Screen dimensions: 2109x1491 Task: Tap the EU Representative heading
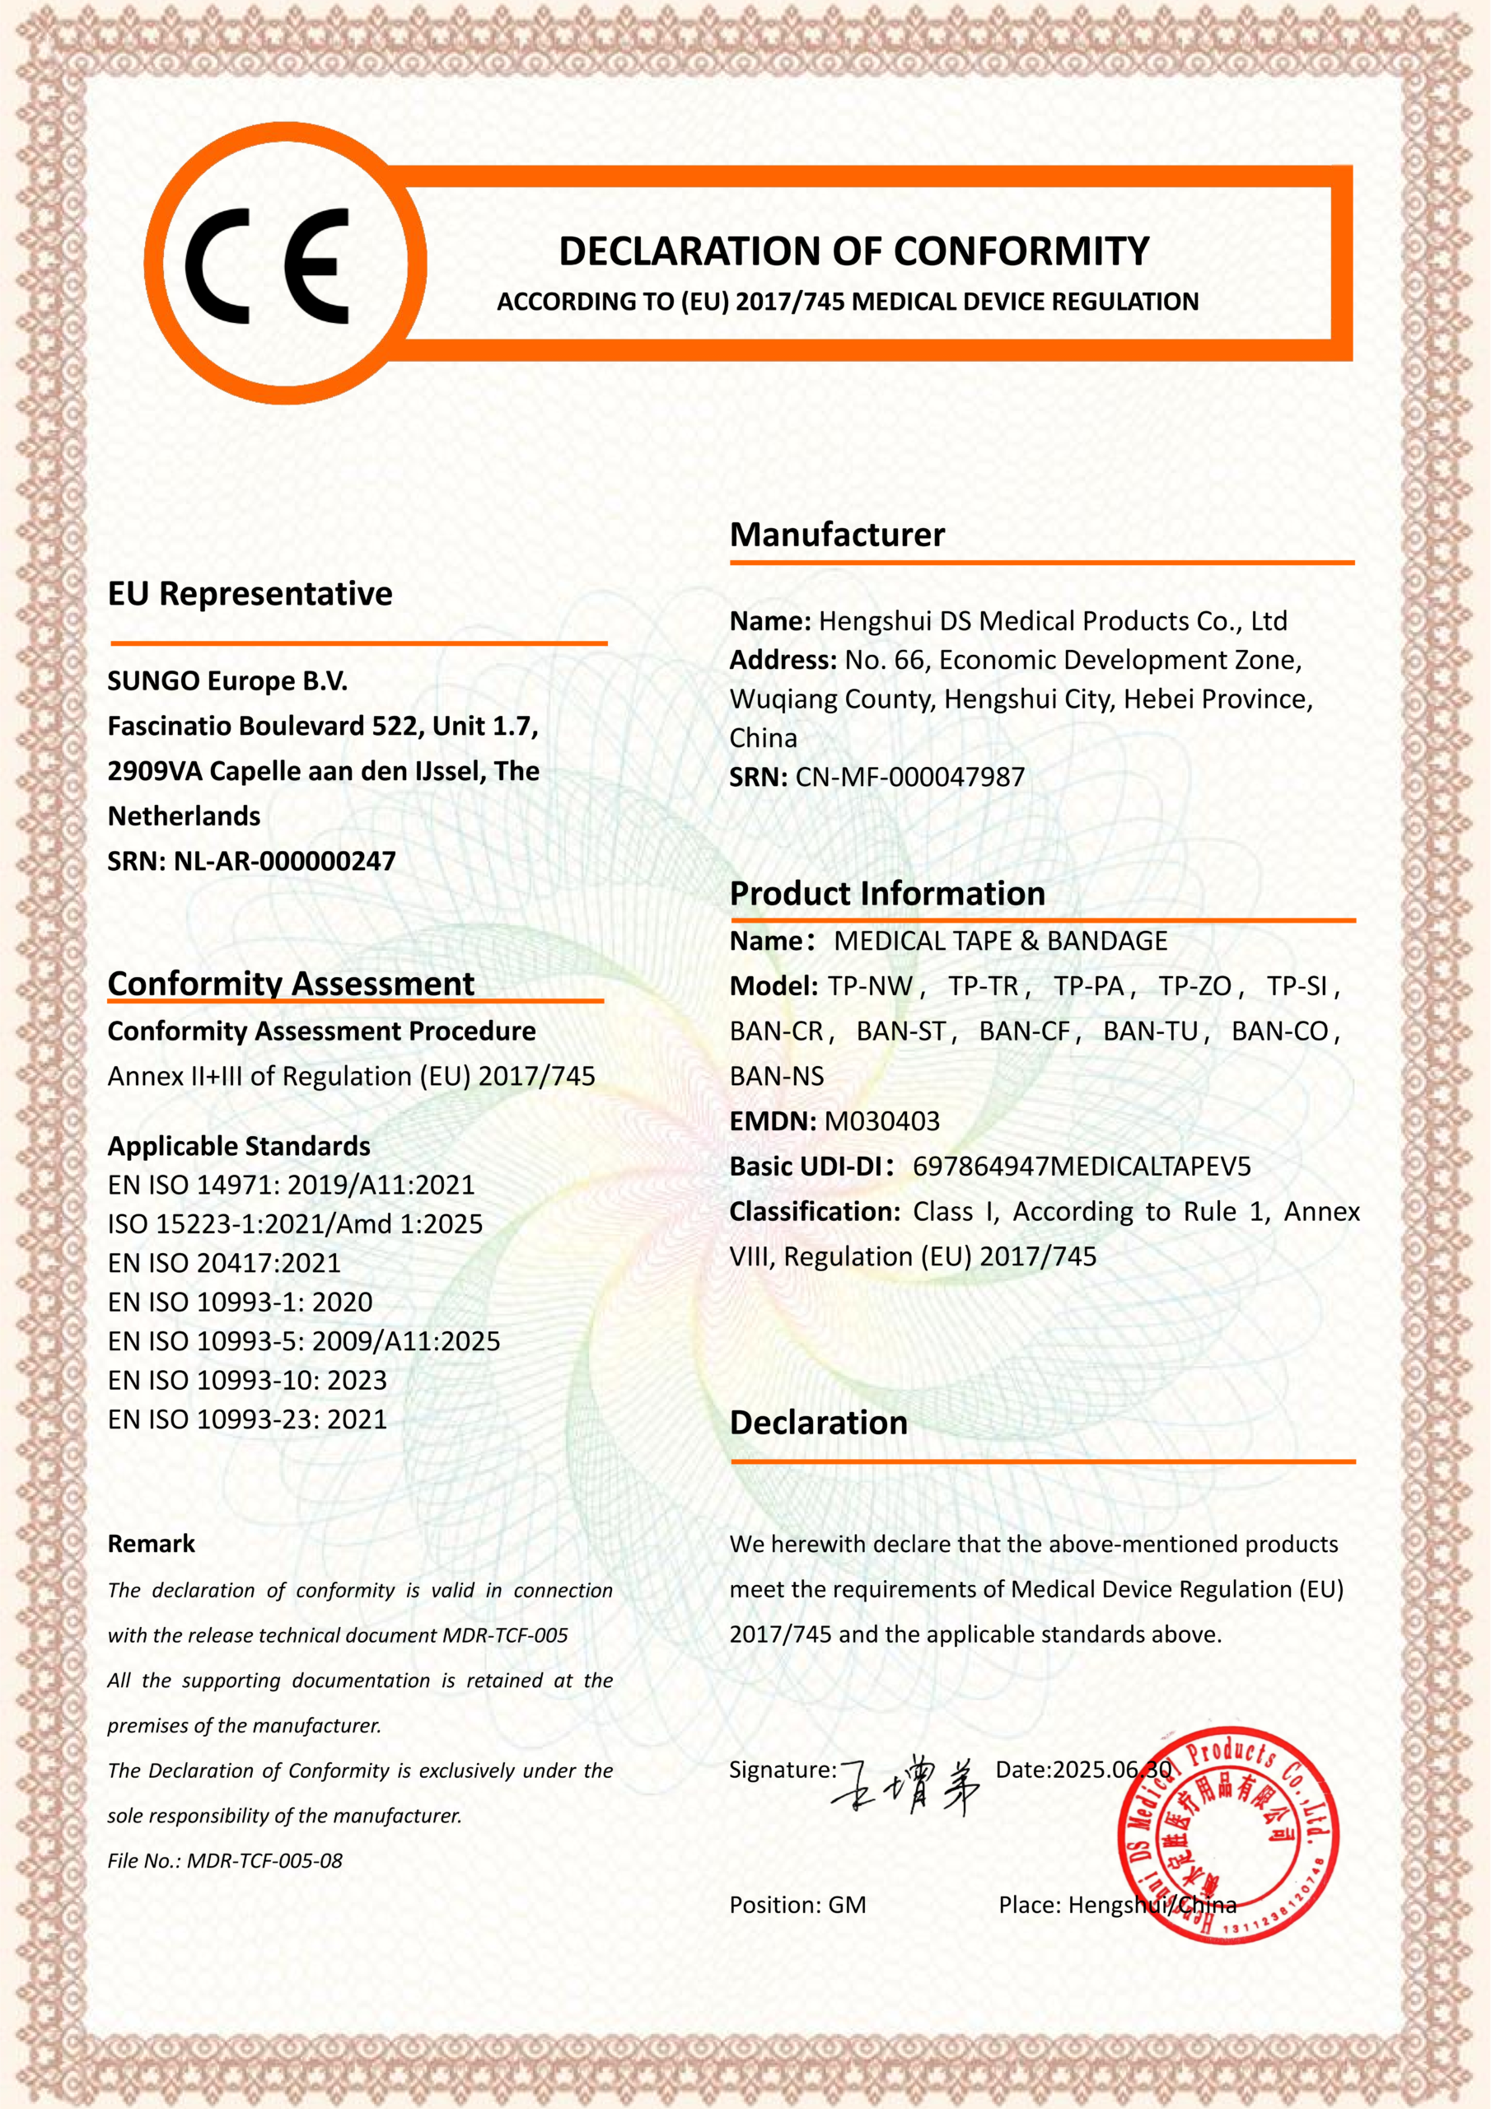(x=250, y=593)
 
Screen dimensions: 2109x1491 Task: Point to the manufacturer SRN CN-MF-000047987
(x=909, y=777)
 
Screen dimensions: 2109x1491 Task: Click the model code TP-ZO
(x=1194, y=985)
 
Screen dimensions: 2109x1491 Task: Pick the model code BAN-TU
(x=1150, y=1031)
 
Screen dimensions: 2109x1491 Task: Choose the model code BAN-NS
(x=776, y=1076)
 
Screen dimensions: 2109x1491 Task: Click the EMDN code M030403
(x=882, y=1120)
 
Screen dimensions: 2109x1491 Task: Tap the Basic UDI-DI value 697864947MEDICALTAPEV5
(x=1082, y=1167)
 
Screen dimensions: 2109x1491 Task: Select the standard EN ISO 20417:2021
(x=224, y=1263)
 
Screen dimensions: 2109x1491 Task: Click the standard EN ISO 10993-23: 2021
(x=247, y=1419)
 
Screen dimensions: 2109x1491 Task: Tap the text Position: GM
(x=797, y=1905)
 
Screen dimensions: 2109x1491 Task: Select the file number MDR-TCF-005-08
(x=264, y=1861)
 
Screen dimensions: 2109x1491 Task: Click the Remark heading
(x=152, y=1544)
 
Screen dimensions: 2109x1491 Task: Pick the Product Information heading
(x=887, y=894)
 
